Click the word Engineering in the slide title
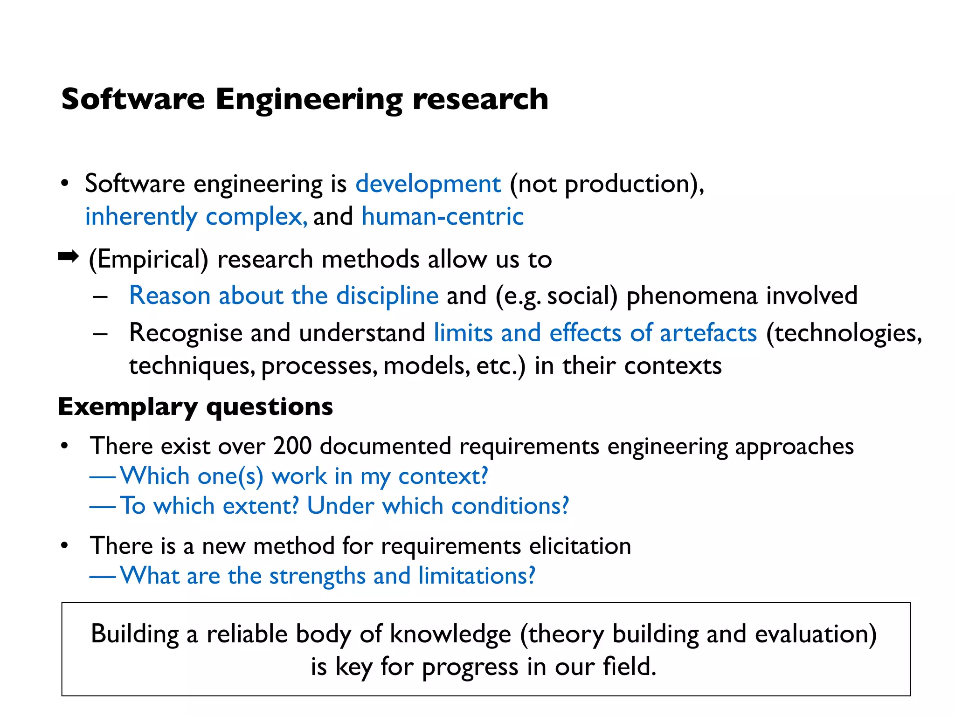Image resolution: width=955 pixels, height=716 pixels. [309, 100]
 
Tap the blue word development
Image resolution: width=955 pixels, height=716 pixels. [428, 184]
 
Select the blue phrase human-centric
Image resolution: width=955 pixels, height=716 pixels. [443, 217]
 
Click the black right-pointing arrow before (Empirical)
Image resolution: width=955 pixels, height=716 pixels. [68, 256]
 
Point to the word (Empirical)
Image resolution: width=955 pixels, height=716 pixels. [148, 260]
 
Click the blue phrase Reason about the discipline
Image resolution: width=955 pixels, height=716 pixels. [284, 296]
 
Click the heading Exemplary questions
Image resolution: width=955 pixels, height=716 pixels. [195, 407]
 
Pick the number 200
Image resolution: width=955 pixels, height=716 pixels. [292, 446]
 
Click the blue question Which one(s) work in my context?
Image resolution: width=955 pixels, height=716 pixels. [304, 476]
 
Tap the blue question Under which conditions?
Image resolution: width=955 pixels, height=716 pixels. [438, 506]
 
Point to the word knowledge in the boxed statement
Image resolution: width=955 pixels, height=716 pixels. [450, 634]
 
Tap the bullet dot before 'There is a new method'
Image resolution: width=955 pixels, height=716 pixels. [65, 545]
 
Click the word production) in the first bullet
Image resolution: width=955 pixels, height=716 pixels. [634, 184]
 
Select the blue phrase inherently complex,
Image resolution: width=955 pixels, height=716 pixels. [196, 217]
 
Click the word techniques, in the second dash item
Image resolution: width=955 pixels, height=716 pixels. [192, 366]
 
